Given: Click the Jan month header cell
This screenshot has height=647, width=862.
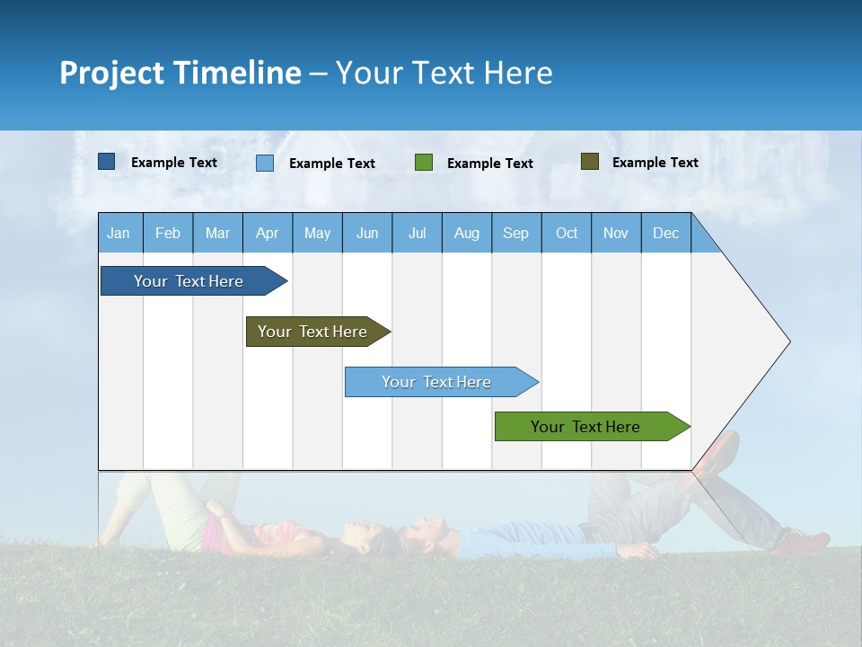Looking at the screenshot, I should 119,233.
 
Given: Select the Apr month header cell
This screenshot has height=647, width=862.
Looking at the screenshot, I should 268,233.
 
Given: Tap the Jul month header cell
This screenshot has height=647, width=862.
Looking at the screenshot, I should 417,233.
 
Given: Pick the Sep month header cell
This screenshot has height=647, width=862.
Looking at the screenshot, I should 516,233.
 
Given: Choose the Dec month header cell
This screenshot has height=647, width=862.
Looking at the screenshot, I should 665,233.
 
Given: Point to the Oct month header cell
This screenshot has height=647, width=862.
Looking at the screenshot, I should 567,233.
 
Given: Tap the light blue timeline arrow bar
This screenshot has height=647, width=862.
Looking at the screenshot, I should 437,382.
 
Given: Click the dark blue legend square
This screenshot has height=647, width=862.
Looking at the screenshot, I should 107,162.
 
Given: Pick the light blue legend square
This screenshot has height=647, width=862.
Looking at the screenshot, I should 265,163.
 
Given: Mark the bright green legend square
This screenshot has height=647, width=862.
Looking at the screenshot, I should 424,163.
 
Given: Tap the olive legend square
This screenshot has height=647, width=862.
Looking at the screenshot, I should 590,162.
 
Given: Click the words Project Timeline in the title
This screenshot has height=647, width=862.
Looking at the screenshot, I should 180,73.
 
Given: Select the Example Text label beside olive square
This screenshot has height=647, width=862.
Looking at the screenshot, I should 655,163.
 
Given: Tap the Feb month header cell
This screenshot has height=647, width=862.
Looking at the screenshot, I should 168,233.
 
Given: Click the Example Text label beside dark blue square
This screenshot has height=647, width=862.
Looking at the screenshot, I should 173,163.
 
